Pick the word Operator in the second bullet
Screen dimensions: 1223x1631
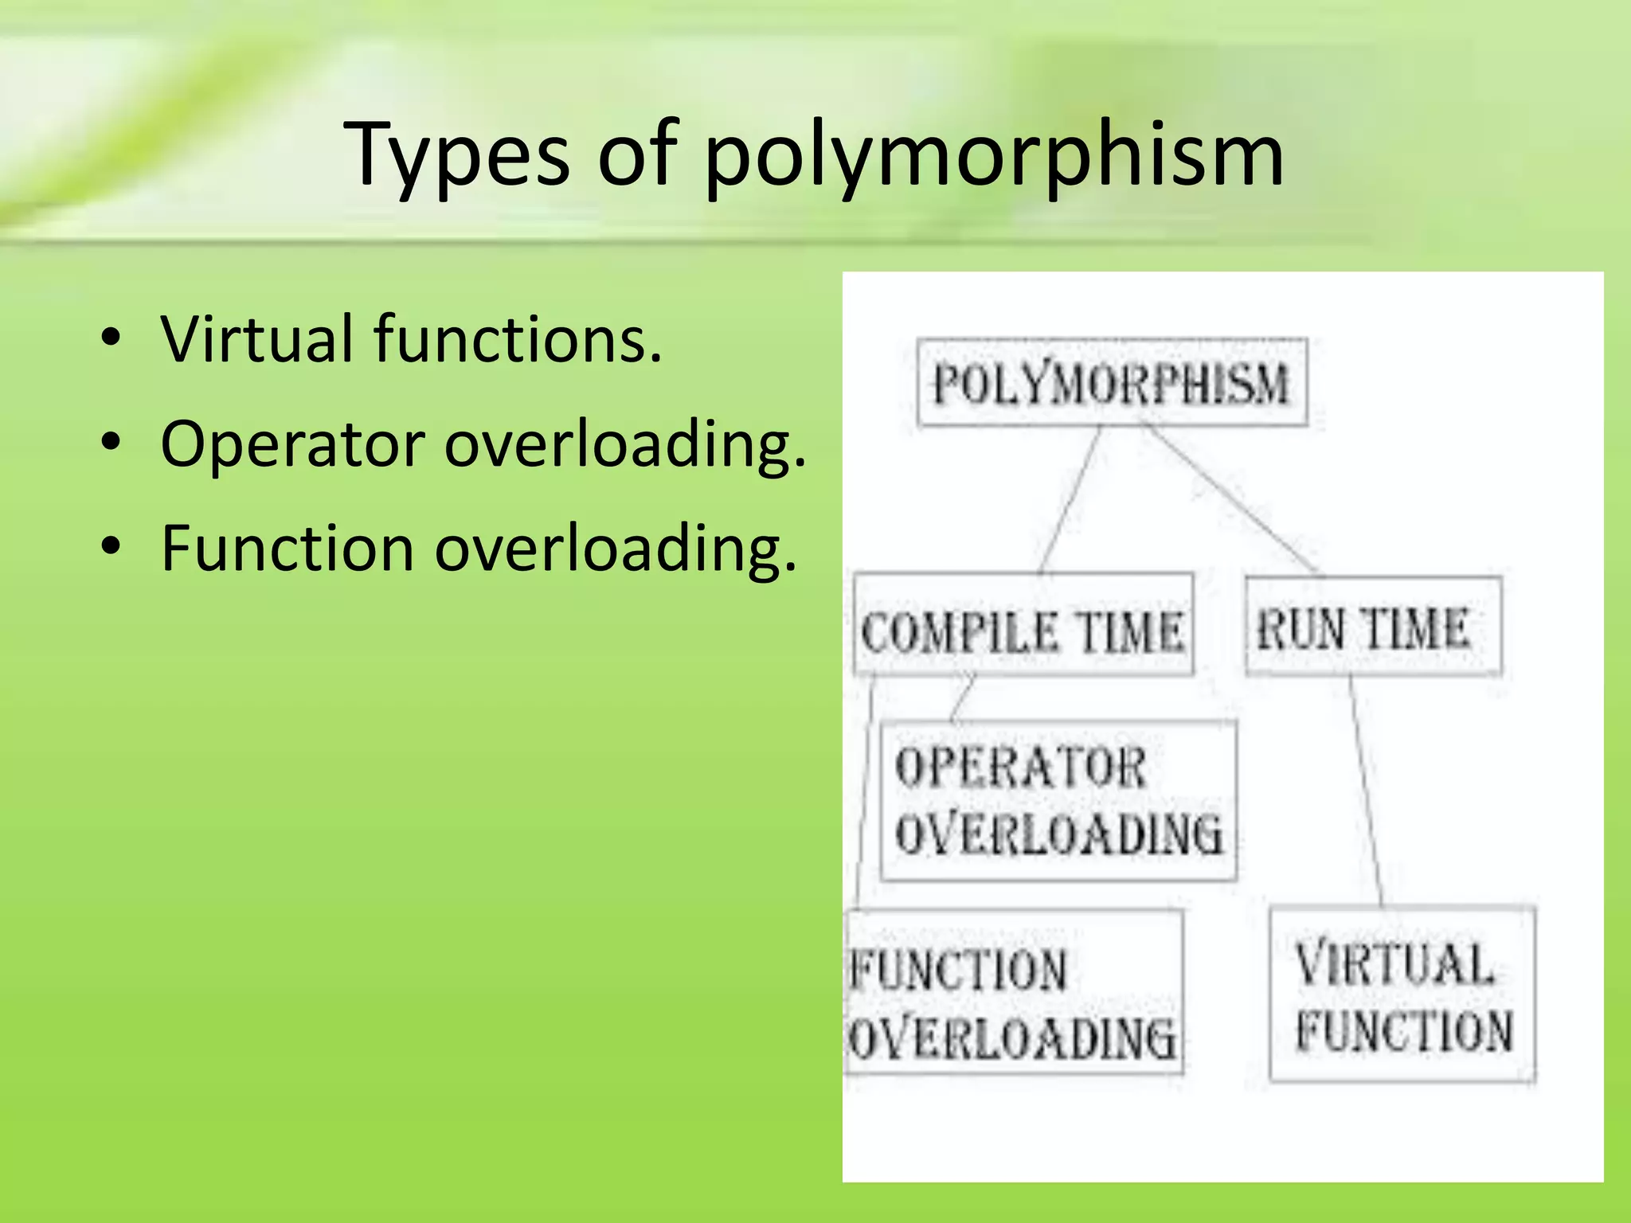coord(292,443)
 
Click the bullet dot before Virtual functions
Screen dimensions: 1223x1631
coord(111,338)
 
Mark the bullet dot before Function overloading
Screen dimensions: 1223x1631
coord(111,547)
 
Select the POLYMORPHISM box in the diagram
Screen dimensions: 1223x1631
coord(1112,383)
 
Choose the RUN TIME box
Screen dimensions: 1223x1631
coord(1373,627)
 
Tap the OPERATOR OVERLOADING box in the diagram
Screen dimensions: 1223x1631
coord(1058,801)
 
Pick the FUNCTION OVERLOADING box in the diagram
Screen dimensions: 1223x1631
coord(1013,992)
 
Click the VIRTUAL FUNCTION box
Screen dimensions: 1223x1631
coord(1402,994)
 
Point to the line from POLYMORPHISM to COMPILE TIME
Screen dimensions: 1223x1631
coord(1070,500)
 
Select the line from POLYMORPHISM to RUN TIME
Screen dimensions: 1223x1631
coord(1231,500)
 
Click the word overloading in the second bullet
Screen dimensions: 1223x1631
coord(625,443)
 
